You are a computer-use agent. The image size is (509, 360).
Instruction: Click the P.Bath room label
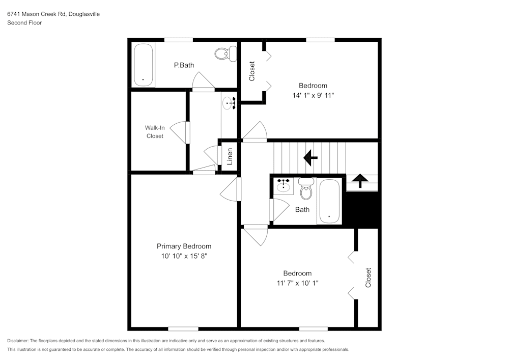(x=184, y=65)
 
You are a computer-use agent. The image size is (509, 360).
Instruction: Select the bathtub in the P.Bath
(x=144, y=65)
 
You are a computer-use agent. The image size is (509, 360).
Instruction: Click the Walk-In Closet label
(x=155, y=132)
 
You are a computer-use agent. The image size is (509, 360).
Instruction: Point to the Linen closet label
(x=230, y=156)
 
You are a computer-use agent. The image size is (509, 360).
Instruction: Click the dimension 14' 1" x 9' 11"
(x=313, y=95)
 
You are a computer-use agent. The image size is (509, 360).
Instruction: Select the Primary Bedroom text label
(x=184, y=246)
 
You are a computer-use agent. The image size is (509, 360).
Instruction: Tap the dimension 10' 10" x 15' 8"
(x=184, y=256)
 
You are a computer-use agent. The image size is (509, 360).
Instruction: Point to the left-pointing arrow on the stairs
(x=310, y=157)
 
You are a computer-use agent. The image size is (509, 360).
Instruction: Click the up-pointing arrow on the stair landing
(x=360, y=181)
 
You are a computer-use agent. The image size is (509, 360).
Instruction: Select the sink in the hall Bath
(x=283, y=186)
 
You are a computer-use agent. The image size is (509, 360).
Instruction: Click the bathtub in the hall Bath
(x=330, y=201)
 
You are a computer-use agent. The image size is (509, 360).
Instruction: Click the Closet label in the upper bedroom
(x=252, y=71)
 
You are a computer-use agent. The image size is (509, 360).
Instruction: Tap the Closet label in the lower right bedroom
(x=368, y=278)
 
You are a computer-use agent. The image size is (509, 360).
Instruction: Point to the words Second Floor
(x=24, y=23)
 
